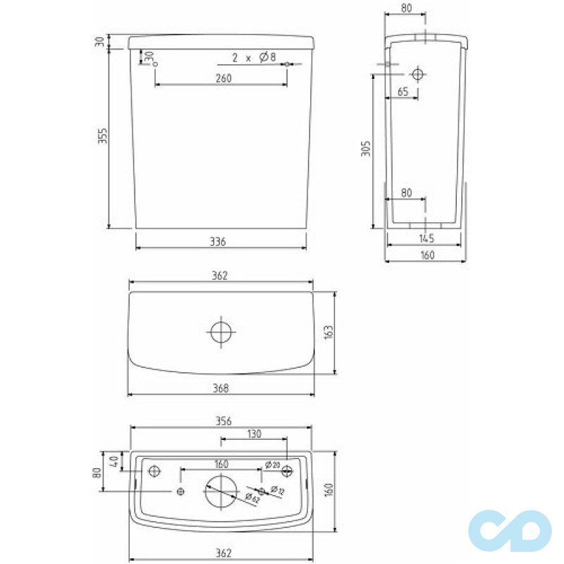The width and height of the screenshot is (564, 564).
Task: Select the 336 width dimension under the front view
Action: (x=218, y=242)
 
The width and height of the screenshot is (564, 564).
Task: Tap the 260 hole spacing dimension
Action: (x=222, y=78)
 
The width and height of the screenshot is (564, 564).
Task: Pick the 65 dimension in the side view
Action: (x=403, y=92)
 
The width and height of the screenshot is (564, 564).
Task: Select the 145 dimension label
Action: (x=426, y=238)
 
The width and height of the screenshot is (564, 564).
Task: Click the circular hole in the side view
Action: (x=417, y=73)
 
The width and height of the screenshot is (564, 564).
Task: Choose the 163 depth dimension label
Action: (x=327, y=331)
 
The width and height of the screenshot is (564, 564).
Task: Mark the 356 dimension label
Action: (x=221, y=421)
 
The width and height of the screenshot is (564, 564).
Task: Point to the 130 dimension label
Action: (x=255, y=435)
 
